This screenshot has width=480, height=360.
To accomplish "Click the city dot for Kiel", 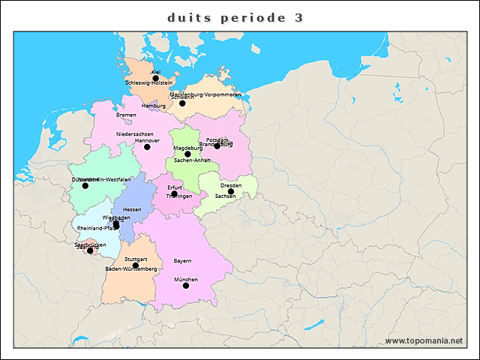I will tap(155, 78).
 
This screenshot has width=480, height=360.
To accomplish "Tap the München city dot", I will tap(186, 286).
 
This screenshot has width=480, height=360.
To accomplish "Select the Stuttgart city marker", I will tap(136, 265).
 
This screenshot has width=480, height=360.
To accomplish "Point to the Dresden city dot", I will tap(231, 192).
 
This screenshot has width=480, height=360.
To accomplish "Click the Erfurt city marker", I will tap(174, 193).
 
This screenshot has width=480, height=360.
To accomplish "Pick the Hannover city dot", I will tap(147, 147).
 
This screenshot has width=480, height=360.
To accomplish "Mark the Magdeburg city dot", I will tap(187, 154).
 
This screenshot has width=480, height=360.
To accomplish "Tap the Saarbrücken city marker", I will tap(90, 250).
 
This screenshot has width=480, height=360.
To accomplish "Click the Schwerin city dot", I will tap(182, 103).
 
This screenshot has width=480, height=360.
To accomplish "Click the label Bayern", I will tap(182, 260).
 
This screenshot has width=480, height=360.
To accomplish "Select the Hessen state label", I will tap(132, 209).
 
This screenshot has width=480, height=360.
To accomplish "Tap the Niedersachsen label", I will tap(134, 133).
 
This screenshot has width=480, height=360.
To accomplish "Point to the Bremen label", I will tap(126, 115).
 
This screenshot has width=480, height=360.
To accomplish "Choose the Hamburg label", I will tap(153, 106).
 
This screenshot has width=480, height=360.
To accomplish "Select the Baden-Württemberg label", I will tap(130, 268).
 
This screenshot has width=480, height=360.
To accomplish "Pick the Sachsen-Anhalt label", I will tap(192, 160).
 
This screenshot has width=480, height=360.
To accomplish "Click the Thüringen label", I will tap(178, 196).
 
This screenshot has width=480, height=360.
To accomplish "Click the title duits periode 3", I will tap(235, 17).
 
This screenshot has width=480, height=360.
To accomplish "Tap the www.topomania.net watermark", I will tap(423, 341).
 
